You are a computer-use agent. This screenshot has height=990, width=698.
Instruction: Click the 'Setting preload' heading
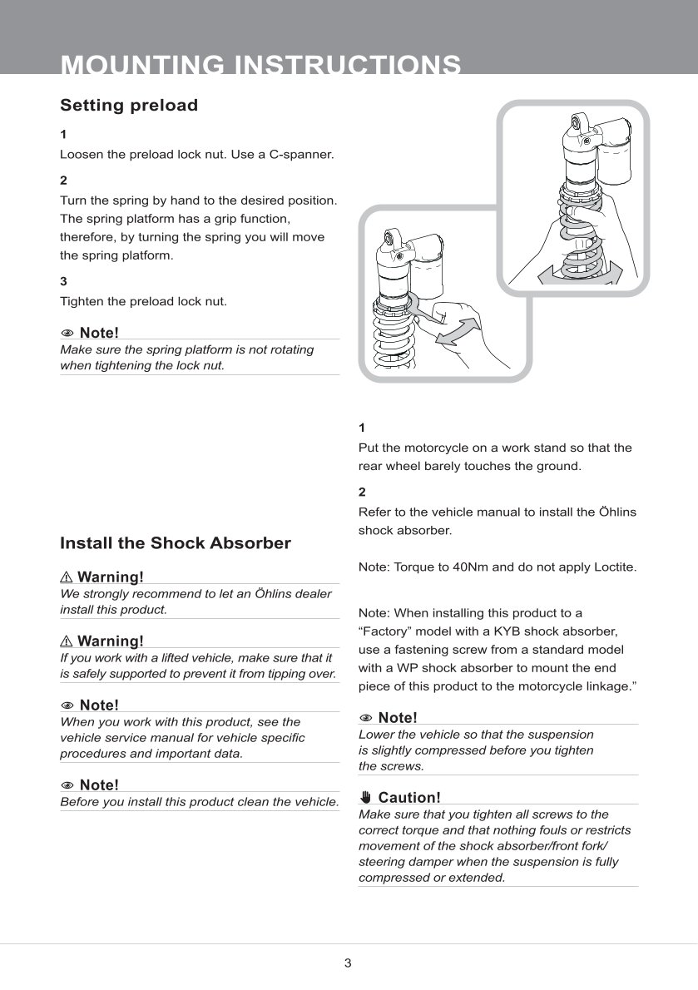tap(129, 105)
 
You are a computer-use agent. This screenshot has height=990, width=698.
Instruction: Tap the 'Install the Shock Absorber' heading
tap(176, 543)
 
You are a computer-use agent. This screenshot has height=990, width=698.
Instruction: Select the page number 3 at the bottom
tap(348, 963)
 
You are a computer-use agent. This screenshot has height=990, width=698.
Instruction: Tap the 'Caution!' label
tap(409, 798)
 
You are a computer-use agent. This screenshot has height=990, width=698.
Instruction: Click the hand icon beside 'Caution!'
tap(365, 797)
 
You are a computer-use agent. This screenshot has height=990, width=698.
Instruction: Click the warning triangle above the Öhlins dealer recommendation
tap(67, 577)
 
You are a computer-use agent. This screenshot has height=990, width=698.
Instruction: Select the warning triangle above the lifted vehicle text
tap(67, 641)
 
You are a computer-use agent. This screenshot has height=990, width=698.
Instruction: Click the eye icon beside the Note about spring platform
tap(67, 334)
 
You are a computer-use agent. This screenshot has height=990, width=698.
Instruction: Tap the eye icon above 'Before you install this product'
tap(67, 785)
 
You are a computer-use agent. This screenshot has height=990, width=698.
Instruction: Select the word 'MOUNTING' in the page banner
tap(142, 65)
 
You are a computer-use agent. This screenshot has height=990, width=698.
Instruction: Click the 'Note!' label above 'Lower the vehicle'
tap(398, 718)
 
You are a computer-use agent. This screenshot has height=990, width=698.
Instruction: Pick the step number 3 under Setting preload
tap(63, 281)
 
